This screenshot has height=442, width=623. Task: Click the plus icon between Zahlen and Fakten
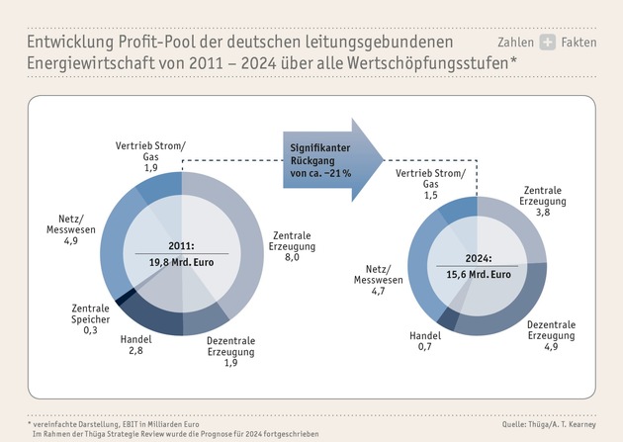(x=547, y=43)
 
